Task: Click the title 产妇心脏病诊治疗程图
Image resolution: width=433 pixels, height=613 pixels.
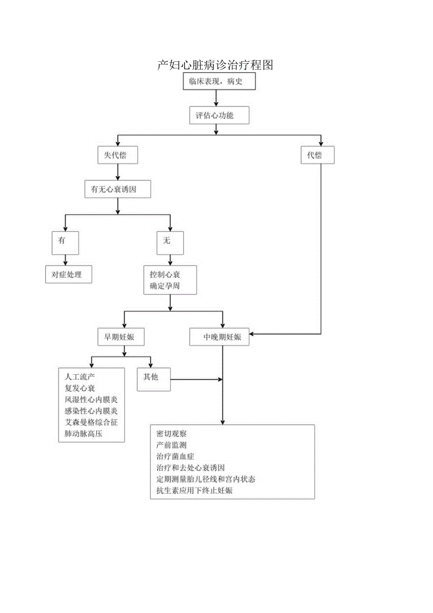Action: click(x=215, y=65)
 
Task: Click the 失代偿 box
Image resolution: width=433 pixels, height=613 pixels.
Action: click(x=118, y=155)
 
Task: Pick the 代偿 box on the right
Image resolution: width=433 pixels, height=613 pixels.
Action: click(x=317, y=155)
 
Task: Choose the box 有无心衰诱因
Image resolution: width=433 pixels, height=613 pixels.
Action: click(x=118, y=189)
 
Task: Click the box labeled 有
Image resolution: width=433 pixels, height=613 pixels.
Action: click(x=65, y=243)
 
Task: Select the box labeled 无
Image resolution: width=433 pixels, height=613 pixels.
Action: click(x=170, y=243)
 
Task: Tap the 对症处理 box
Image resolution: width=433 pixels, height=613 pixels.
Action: click(x=68, y=275)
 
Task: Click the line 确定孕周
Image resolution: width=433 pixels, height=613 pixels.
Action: click(x=165, y=286)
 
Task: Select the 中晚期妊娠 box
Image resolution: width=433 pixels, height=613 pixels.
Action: click(x=219, y=337)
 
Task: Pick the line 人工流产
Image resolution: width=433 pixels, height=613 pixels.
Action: click(x=80, y=377)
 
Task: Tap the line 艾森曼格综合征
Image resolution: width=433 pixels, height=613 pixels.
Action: click(x=91, y=422)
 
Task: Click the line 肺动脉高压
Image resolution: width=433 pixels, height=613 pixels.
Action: click(x=83, y=434)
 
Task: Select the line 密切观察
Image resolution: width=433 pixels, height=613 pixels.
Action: click(x=171, y=434)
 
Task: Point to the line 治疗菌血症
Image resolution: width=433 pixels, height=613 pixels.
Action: click(x=175, y=457)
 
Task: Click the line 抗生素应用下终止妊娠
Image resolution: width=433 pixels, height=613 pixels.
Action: click(x=194, y=490)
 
